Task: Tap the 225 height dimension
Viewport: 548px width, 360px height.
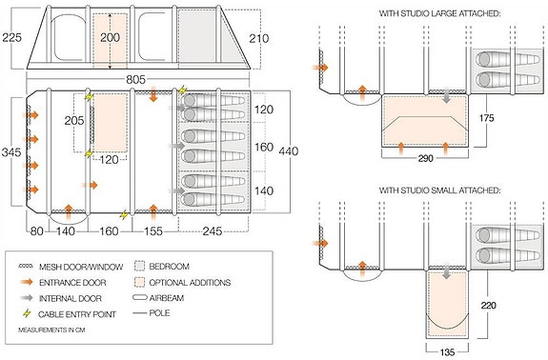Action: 11,38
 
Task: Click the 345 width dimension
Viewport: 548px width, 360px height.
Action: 11,152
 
